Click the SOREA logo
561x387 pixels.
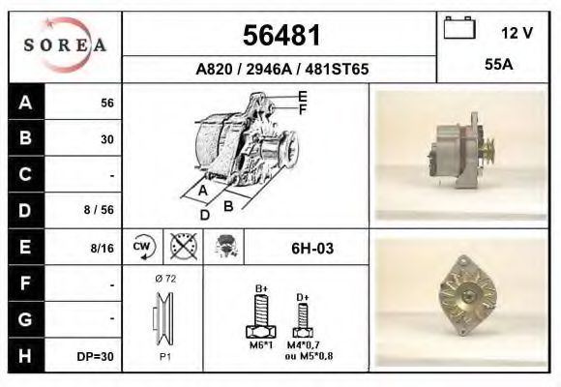tap(65, 45)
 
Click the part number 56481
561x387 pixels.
tap(280, 36)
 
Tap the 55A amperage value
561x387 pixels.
tap(498, 67)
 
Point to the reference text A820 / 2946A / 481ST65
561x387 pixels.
tap(280, 70)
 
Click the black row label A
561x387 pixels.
tap(26, 103)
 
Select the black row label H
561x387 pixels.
tap(26, 356)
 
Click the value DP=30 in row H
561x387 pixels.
tap(96, 357)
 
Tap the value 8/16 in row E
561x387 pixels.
tap(101, 249)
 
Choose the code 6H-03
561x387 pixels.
tap(312, 249)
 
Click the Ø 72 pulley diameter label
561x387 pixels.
tap(164, 279)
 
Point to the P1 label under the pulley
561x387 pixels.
tap(164, 357)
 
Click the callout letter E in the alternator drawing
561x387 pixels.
tap(303, 95)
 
